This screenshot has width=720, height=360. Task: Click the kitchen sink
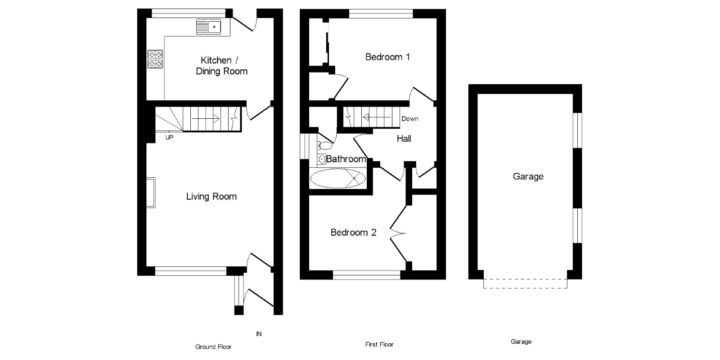(208, 27)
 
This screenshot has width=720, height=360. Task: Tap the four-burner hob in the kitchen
(155, 59)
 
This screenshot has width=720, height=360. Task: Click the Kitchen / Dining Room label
(221, 66)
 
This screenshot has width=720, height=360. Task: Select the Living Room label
(211, 197)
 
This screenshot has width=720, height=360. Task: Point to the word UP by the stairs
(169, 138)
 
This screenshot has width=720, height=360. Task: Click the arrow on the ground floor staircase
(206, 118)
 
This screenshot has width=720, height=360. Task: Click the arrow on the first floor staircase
(376, 118)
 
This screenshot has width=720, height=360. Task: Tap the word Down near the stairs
(409, 119)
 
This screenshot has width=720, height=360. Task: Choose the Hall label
(404, 139)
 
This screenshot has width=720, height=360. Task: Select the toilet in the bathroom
(324, 146)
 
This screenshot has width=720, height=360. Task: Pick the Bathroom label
(346, 159)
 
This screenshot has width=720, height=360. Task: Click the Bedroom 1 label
(387, 57)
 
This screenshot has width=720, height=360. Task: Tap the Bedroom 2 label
(353, 233)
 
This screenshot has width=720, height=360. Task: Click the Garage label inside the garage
(528, 177)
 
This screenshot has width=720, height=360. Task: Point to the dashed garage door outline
(525, 283)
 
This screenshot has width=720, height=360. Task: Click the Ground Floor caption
(213, 347)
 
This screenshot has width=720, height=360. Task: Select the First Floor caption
(379, 345)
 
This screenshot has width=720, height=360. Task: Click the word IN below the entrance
(259, 334)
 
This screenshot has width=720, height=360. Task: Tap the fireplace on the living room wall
(151, 193)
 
